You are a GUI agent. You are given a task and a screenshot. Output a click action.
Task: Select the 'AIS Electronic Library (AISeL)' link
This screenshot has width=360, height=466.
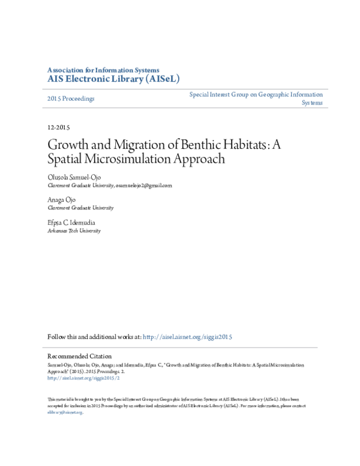(x=113, y=79)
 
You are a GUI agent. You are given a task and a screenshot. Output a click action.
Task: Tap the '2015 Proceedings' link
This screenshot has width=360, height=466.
(x=71, y=98)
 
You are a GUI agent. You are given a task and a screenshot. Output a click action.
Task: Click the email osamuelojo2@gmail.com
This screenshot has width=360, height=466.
(x=143, y=186)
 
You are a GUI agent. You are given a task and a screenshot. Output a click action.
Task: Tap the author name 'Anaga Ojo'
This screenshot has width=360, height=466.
(x=63, y=199)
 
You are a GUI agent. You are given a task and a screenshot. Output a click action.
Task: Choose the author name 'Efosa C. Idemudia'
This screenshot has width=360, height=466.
(x=72, y=222)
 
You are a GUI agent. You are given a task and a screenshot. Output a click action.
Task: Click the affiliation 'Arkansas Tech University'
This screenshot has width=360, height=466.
(x=74, y=231)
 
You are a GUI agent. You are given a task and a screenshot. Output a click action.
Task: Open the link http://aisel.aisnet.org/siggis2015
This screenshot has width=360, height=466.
(x=188, y=337)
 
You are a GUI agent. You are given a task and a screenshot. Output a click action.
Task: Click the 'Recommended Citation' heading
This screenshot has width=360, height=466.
(x=79, y=356)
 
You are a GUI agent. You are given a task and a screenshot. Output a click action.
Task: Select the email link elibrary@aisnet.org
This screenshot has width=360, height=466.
(x=64, y=413)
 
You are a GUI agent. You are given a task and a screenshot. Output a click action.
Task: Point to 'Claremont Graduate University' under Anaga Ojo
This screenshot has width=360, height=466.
(x=80, y=208)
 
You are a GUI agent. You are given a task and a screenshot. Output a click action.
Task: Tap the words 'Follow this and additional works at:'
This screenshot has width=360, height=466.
(x=95, y=337)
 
